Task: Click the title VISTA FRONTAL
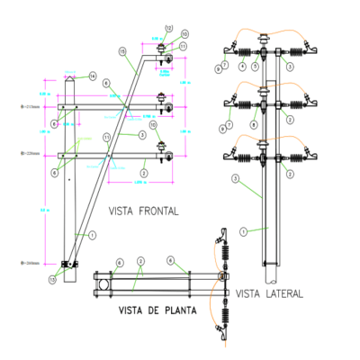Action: click(x=143, y=211)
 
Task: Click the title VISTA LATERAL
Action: click(x=270, y=293)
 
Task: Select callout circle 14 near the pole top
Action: click(x=92, y=77)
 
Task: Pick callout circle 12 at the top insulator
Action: click(x=167, y=29)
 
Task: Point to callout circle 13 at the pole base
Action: click(x=52, y=280)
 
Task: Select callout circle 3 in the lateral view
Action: click(x=235, y=180)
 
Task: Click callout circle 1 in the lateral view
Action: click(x=243, y=231)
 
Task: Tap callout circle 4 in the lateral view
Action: click(x=241, y=67)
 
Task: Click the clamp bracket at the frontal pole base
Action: click(x=67, y=265)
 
